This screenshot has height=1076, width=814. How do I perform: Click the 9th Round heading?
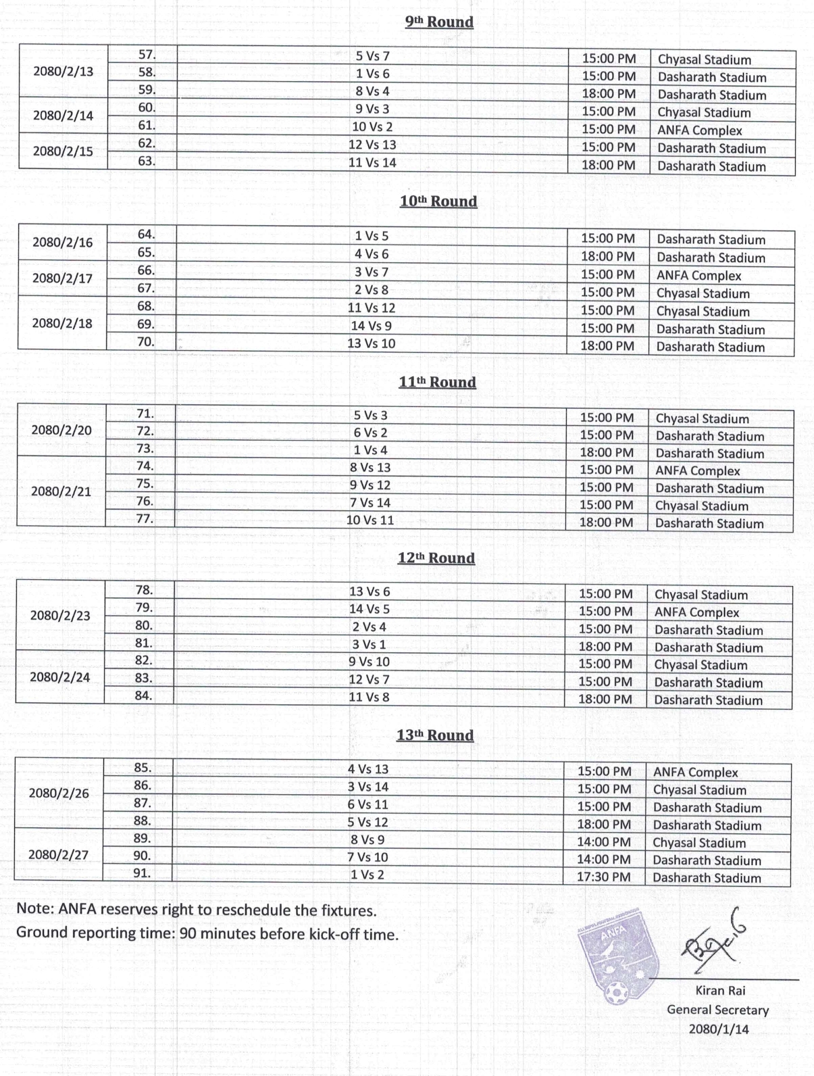click(x=439, y=22)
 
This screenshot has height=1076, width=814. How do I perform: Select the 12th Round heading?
click(x=436, y=558)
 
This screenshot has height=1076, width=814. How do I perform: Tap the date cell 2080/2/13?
click(x=63, y=72)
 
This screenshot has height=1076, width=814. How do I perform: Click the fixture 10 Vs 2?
click(x=372, y=127)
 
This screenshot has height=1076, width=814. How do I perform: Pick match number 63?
click(x=147, y=162)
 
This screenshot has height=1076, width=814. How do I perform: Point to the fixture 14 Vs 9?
click(x=372, y=326)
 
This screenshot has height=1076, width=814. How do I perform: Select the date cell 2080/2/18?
click(x=62, y=323)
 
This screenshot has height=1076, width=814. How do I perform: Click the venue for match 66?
click(x=698, y=276)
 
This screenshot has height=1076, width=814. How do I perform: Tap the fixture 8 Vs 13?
click(x=370, y=468)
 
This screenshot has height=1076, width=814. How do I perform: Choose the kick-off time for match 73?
click(x=607, y=453)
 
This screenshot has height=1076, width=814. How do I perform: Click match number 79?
click(x=144, y=608)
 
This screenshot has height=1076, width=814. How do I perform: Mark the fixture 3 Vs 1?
click(x=369, y=645)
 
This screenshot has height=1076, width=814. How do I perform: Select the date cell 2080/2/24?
click(x=60, y=677)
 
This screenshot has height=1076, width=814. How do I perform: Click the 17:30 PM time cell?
click(x=604, y=877)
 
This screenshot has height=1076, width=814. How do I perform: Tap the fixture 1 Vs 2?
click(x=367, y=875)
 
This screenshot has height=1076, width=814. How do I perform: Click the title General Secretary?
click(x=717, y=1010)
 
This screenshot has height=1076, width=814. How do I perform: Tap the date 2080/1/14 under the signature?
click(x=719, y=1029)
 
